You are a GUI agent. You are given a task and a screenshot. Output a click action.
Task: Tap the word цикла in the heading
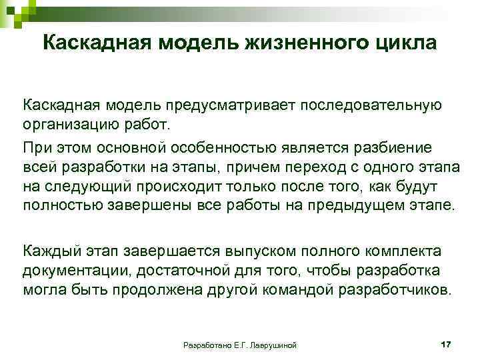404,43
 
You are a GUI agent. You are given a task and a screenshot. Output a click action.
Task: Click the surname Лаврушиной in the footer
271,345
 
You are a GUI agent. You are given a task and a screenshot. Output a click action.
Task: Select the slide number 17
446,343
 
